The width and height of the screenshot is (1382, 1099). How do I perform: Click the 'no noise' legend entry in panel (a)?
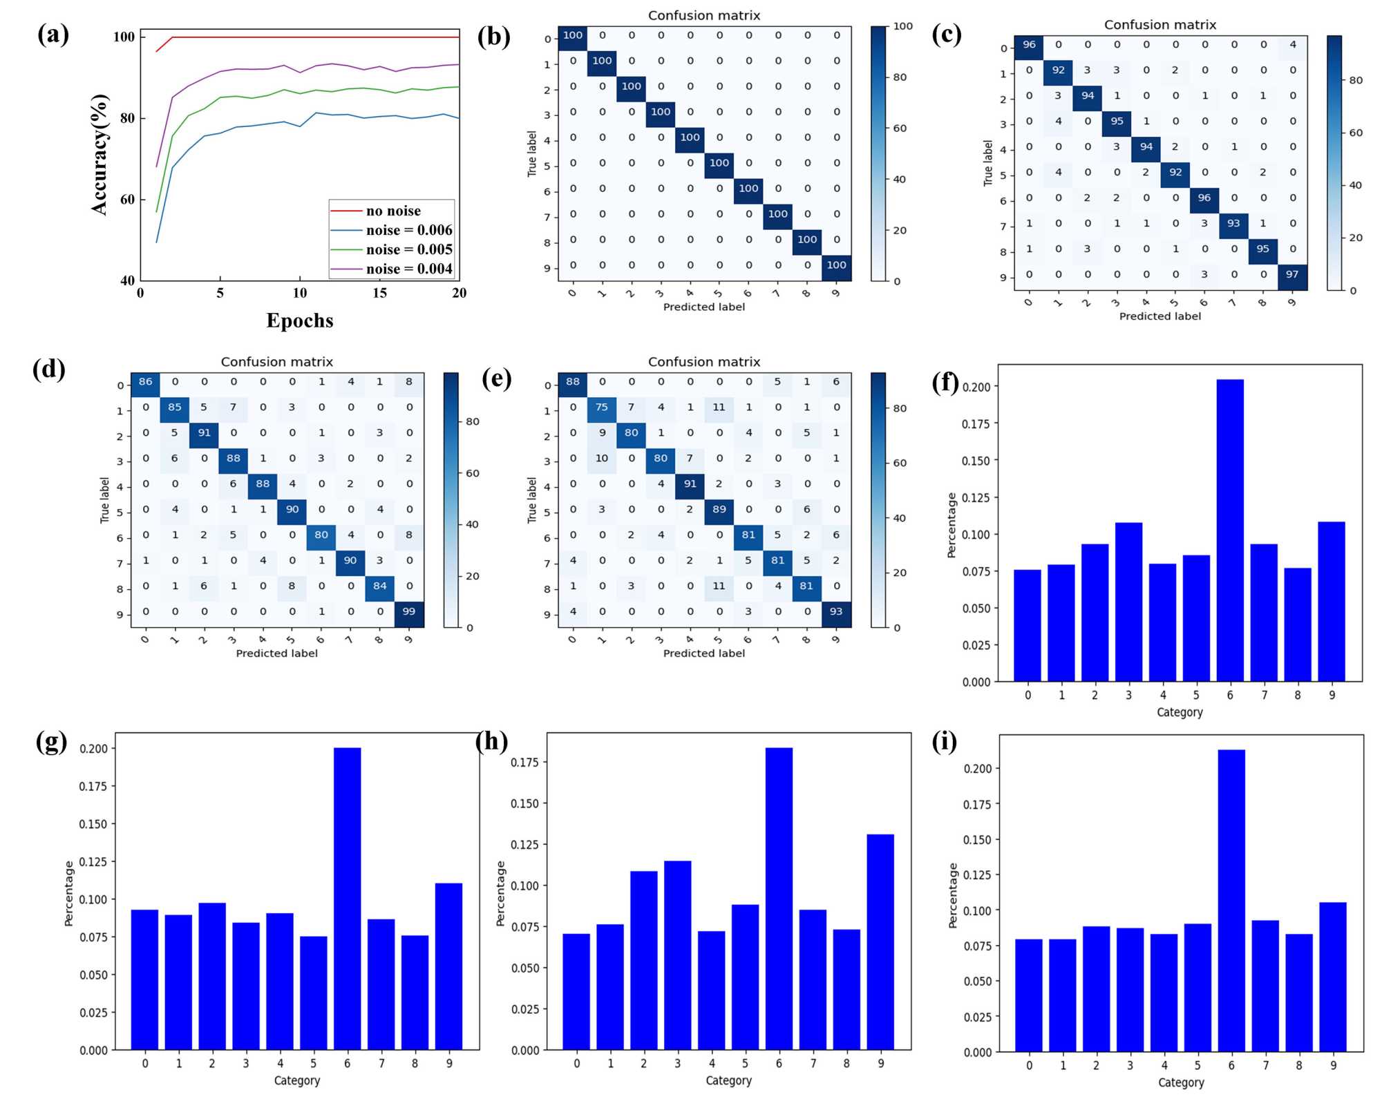pos(392,211)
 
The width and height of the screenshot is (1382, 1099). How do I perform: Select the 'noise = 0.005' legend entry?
pos(409,249)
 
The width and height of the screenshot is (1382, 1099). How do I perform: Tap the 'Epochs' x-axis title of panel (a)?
pos(300,321)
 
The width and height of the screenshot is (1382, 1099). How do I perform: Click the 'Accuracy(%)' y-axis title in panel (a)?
pos(100,154)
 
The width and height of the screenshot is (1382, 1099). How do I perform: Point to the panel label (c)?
pos(946,34)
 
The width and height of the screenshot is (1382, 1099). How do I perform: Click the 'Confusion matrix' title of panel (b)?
pos(703,15)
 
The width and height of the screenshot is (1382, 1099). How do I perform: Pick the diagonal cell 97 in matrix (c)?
pos(1291,274)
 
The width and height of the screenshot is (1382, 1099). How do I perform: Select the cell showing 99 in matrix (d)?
pos(408,611)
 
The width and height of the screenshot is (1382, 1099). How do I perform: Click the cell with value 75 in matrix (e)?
pos(601,407)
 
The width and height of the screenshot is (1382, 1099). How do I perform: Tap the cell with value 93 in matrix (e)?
pos(835,611)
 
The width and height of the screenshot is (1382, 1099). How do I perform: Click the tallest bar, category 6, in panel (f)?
pos(1230,530)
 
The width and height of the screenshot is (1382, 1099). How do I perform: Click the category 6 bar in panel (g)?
pos(347,898)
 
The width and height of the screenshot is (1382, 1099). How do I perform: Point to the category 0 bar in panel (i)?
pos(1028,995)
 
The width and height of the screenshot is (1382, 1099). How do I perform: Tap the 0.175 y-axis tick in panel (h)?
pos(524,762)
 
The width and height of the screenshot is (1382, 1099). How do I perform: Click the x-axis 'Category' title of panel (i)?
pos(1180,1082)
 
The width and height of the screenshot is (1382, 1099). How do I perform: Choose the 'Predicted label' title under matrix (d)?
pos(276,653)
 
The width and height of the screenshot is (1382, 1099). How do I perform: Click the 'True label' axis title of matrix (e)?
pos(531,499)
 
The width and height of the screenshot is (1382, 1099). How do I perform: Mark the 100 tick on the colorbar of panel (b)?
pos(902,26)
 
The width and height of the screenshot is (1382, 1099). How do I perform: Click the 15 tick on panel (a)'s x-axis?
pos(379,293)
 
